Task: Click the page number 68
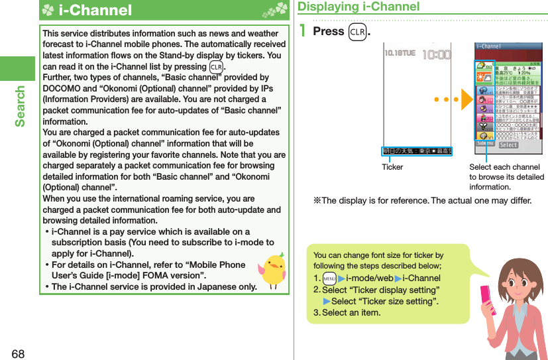coord(17,353)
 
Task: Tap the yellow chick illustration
coord(272,269)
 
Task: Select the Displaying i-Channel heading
coord(358,7)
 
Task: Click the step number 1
coord(303,31)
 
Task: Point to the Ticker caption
coord(392,167)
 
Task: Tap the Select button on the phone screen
coord(508,145)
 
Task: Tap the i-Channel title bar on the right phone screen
coord(509,46)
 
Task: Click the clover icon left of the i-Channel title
coord(48,11)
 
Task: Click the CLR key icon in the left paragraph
coord(216,66)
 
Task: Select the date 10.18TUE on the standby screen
coord(402,55)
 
